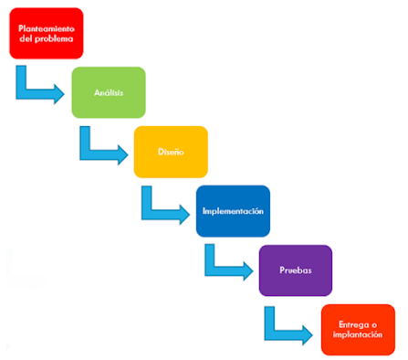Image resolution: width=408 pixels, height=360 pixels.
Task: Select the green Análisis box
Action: click(109, 92)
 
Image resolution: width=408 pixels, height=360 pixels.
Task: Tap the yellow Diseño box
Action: click(171, 152)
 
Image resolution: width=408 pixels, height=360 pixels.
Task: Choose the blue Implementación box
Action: click(233, 211)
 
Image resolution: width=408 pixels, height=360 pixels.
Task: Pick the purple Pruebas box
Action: click(295, 270)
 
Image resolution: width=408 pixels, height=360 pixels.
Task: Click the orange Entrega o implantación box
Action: click(358, 329)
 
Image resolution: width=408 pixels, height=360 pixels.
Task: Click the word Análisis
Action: click(109, 93)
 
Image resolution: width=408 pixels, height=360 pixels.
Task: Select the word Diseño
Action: click(171, 152)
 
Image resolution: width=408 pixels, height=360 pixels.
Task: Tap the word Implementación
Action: click(233, 211)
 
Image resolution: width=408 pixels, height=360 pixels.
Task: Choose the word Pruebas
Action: click(295, 270)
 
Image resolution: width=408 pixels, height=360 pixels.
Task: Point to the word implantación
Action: click(358, 335)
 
